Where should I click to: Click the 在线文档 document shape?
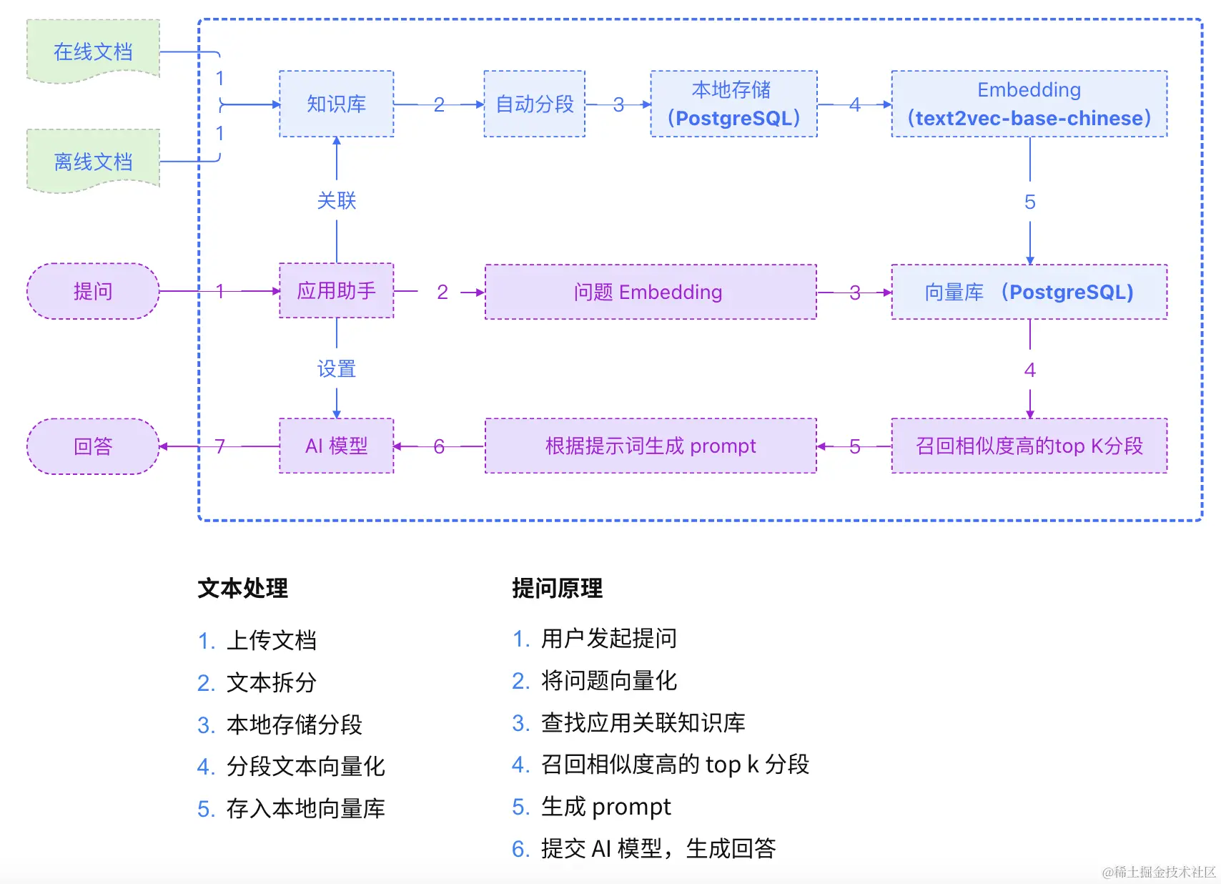[93, 51]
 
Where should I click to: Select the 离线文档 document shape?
[93, 162]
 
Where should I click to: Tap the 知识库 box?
[336, 104]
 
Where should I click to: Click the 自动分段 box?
[534, 104]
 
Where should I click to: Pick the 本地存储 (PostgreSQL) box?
[733, 104]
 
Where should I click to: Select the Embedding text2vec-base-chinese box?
[1029, 104]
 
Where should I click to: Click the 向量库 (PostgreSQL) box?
[1029, 292]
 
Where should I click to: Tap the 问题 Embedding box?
[650, 292]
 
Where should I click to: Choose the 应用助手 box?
[336, 290]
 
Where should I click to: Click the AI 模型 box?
[336, 446]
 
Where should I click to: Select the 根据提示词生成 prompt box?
[650, 446]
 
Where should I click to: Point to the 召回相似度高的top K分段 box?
[1029, 446]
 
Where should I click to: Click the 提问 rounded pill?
[93, 291]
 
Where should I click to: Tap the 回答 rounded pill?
[93, 446]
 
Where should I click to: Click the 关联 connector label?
[336, 200]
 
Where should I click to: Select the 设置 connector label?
[336, 369]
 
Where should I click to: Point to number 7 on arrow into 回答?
[220, 446]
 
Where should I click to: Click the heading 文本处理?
[242, 588]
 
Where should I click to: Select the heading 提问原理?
[557, 588]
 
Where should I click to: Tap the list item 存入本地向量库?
[305, 808]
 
